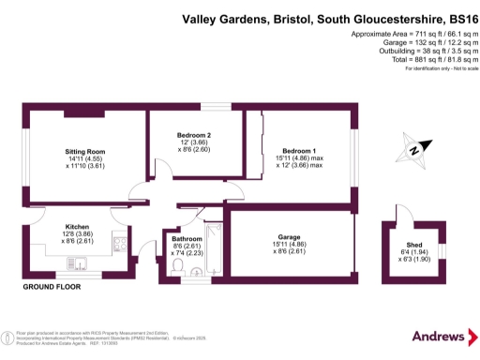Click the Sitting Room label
click(84, 151)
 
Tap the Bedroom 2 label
click(193, 134)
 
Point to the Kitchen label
click(77, 228)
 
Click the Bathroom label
click(187, 239)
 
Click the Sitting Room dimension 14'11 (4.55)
click(84, 159)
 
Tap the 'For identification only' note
click(435, 69)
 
